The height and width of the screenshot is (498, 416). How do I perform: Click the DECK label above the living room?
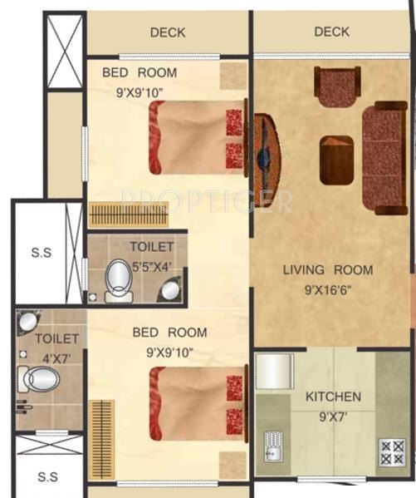[331, 32]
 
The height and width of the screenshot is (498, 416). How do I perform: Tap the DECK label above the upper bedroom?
[168, 32]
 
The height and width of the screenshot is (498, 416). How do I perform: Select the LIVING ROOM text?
[328, 269]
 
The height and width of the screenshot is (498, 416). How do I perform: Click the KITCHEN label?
[333, 397]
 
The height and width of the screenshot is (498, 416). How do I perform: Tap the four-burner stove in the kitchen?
[392, 451]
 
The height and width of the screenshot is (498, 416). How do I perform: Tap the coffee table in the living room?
[337, 160]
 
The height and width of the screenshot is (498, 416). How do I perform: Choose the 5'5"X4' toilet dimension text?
[152, 268]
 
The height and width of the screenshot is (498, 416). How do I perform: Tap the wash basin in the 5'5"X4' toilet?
[170, 289]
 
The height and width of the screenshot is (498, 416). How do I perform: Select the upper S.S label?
[40, 253]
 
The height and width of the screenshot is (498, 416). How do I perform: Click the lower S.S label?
[48, 476]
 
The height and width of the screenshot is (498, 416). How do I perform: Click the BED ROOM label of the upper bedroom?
[139, 72]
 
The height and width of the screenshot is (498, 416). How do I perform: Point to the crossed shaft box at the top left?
[65, 52]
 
